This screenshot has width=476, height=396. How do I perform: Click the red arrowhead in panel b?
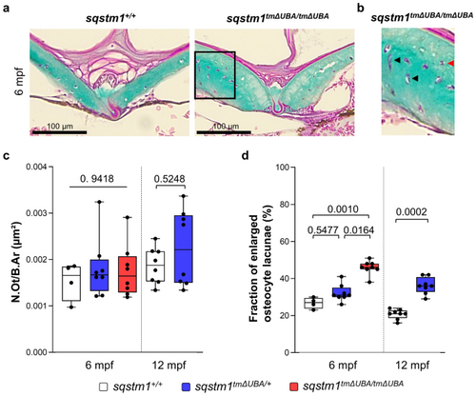click(x=451, y=64)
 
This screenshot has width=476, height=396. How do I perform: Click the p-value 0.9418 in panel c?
click(x=97, y=179)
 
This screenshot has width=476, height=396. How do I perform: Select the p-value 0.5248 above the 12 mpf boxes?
click(x=169, y=179)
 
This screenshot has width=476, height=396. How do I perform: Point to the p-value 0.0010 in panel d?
click(x=343, y=209)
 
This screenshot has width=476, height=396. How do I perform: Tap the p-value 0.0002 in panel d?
click(x=411, y=211)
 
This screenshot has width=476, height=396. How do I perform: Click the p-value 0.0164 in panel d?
click(x=359, y=229)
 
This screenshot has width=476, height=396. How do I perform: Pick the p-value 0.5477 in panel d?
click(x=323, y=229)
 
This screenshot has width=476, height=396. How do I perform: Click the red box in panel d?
click(x=369, y=267)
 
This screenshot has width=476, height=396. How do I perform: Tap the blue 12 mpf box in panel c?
click(x=183, y=249)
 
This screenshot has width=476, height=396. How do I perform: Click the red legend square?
click(x=294, y=386)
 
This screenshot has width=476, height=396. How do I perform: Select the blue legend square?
click(x=187, y=386)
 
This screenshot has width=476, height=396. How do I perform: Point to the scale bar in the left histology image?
click(x=59, y=132)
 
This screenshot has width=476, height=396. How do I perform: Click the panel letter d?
click(x=245, y=156)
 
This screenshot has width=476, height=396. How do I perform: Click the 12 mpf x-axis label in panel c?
click(x=169, y=366)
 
